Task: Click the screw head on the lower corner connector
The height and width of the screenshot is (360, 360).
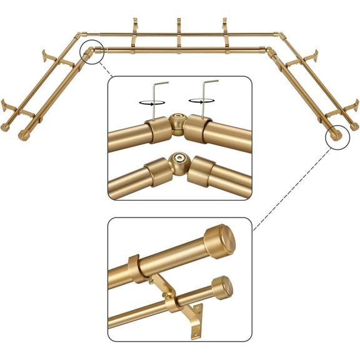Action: pyautogui.click(x=180, y=159)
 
